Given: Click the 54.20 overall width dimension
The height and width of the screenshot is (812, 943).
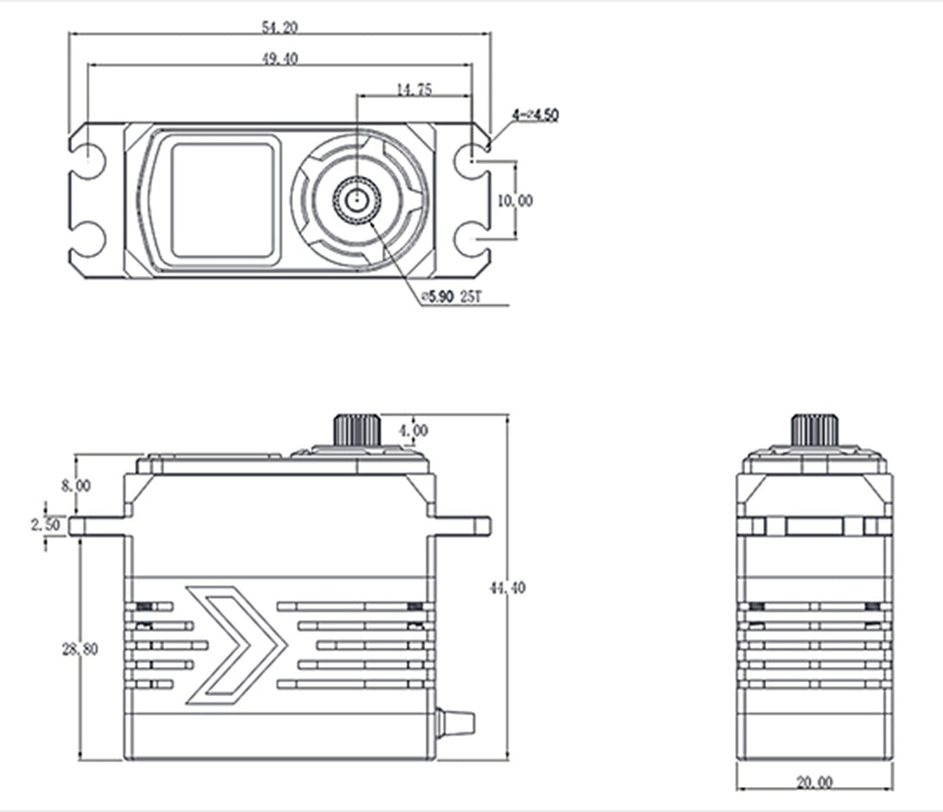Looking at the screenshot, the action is pos(280,27).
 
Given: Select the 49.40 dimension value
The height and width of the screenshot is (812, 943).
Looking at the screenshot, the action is pos(280,58).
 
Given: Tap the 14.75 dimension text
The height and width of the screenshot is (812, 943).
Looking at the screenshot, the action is pos(413,89).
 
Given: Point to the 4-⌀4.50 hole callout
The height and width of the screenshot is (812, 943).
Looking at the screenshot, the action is pos(535,114).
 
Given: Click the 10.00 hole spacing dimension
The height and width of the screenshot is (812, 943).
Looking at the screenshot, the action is pos(515,200).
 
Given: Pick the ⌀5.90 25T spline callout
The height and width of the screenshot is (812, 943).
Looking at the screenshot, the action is pos(451,297).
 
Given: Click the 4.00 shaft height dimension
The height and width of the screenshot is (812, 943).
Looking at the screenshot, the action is pos(413,430).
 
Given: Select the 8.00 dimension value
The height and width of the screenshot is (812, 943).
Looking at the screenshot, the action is pos(76,485).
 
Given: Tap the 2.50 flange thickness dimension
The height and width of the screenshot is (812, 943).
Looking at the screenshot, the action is pos(46,524).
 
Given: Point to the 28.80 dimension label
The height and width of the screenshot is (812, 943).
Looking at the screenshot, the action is pos(79,650).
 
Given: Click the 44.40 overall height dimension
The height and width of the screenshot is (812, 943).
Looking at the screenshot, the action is pos(507,587).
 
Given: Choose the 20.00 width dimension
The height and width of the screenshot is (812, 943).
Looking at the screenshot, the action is pos(815,783).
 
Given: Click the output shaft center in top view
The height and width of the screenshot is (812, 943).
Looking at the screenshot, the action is pos(357,199).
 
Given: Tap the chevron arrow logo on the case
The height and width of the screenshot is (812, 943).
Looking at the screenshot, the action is pos(236,644).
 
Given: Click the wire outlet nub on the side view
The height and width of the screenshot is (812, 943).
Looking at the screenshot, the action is pos(456,721).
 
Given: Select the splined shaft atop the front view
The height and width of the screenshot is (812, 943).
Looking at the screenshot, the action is pos(357,430).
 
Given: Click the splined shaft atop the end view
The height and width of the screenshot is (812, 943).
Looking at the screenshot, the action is pos(815,430).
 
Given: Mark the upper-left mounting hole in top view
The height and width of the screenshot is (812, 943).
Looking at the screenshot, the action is pos(88,161).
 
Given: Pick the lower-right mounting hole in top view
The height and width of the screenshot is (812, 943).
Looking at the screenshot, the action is pos(472,239).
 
